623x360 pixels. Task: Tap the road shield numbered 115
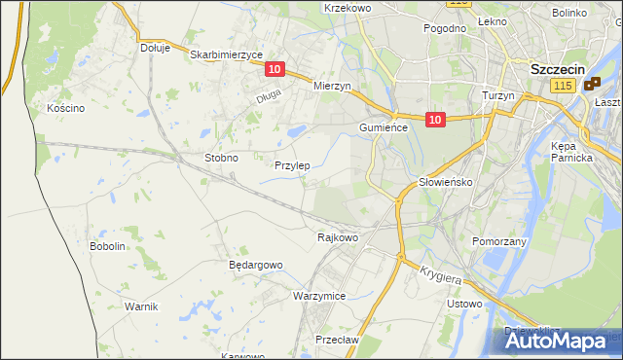[561, 88]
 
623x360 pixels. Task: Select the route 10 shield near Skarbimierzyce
[275, 69]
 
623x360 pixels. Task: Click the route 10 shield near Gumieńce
[435, 120]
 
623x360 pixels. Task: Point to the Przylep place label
[292, 165]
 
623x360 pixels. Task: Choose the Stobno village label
[221, 157]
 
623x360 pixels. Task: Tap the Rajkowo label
[338, 236]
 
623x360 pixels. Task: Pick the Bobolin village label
[108, 247]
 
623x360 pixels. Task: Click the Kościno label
[66, 108]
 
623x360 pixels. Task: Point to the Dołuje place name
[155, 47]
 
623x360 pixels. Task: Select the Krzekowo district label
[348, 8]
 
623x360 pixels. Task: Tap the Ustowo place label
[464, 305]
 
